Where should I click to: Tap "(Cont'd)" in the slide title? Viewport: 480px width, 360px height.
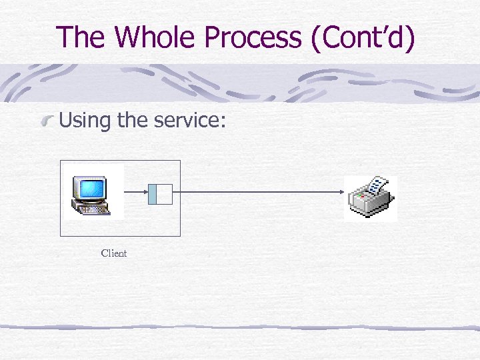[x=362, y=37]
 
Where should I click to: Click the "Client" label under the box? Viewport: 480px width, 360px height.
[x=114, y=253]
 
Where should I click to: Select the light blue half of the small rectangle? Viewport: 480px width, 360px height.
[x=153, y=193]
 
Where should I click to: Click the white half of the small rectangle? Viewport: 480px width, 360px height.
[x=165, y=193]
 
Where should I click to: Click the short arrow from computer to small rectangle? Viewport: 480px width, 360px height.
[x=135, y=193]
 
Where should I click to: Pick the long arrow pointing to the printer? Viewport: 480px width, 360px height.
[x=260, y=193]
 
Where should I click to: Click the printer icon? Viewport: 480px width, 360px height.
[x=371, y=199]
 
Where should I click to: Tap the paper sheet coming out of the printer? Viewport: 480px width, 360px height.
[x=377, y=185]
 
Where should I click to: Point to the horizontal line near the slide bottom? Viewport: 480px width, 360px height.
[x=240, y=327]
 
